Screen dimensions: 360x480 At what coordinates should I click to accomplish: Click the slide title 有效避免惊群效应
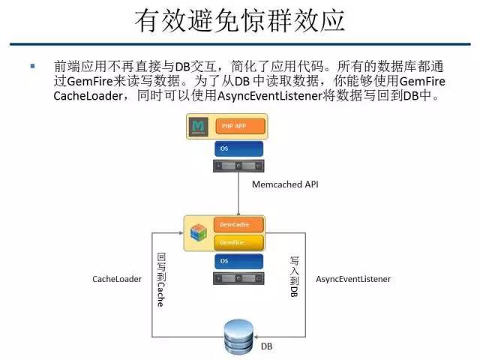[239, 20]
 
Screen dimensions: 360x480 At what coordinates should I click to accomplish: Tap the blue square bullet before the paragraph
[32, 66]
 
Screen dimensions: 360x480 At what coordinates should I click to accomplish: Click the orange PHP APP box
[239, 126]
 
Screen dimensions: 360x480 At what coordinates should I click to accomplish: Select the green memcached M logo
[199, 127]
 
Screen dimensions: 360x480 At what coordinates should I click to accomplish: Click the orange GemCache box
[239, 224]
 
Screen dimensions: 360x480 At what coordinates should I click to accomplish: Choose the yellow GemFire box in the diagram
[239, 241]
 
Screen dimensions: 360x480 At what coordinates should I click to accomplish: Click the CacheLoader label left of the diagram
[116, 279]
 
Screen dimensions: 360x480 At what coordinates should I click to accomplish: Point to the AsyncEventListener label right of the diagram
[353, 279]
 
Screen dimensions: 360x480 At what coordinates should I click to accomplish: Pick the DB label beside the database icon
[267, 347]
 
